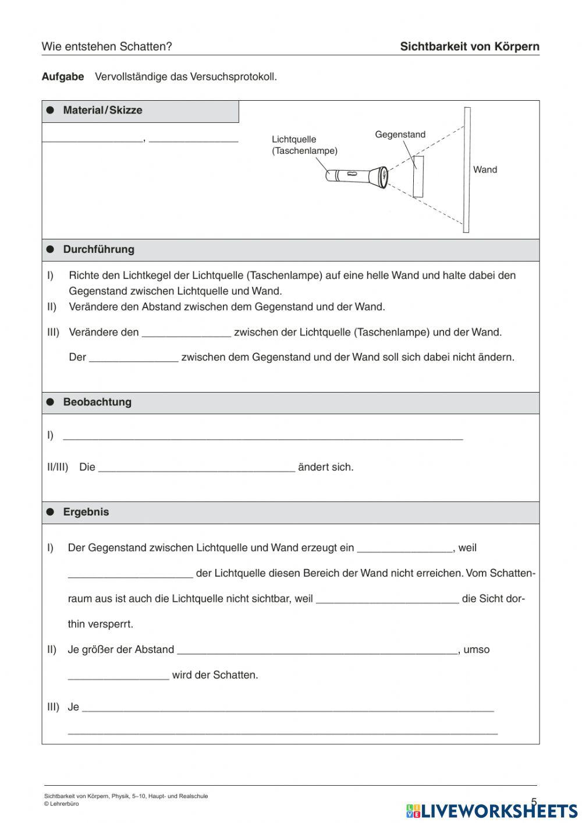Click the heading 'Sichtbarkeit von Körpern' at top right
(x=469, y=47)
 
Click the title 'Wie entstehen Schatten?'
(x=107, y=47)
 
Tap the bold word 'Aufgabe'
(x=63, y=77)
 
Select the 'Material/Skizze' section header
(x=102, y=111)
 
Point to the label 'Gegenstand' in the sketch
(x=400, y=135)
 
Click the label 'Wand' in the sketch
(x=485, y=169)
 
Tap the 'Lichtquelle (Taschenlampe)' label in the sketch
(x=304, y=145)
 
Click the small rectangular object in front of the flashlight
(x=418, y=176)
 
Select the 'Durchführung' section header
(x=98, y=250)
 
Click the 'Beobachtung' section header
(x=97, y=402)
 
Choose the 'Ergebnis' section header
(x=86, y=513)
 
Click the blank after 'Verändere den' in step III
(x=186, y=333)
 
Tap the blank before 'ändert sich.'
(x=197, y=468)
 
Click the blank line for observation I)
(x=262, y=436)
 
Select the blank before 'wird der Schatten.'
(x=118, y=676)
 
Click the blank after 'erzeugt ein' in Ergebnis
(x=404, y=549)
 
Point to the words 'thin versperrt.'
(x=101, y=624)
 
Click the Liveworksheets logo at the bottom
(x=491, y=810)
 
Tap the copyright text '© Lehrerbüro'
(x=62, y=804)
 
